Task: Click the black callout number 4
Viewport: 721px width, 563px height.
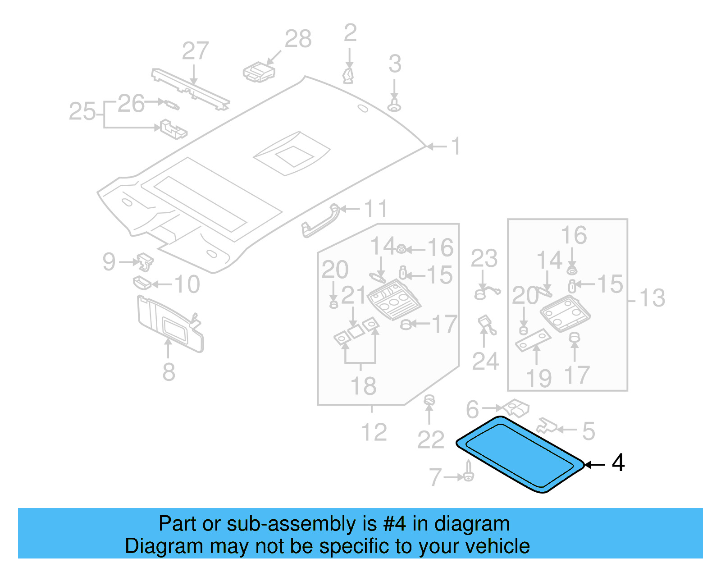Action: [x=618, y=463]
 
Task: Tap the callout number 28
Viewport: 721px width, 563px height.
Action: [x=298, y=39]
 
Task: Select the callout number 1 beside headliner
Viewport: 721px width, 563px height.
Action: [x=456, y=146]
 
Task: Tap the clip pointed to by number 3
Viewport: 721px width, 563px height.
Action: [x=394, y=106]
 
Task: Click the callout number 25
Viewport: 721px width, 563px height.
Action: [x=82, y=111]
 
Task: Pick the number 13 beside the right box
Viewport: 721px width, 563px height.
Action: [x=652, y=298]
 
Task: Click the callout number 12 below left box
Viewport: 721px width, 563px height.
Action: [x=374, y=432]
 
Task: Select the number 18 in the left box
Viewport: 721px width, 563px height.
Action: [x=363, y=386]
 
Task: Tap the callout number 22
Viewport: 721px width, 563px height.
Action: [x=431, y=439]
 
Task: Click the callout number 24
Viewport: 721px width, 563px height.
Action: [x=485, y=361]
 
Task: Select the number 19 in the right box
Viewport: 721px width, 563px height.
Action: [x=538, y=378]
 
